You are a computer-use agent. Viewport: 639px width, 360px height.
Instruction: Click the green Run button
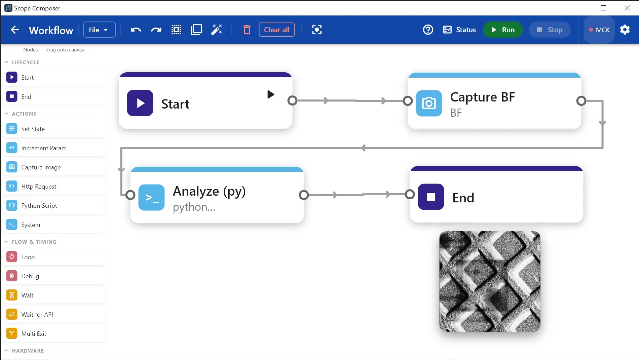503,30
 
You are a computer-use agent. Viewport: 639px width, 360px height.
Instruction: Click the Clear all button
277,30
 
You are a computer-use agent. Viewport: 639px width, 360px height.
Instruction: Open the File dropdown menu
99,30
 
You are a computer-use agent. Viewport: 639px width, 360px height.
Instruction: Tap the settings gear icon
625,30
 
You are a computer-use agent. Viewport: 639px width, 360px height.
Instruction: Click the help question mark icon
428,30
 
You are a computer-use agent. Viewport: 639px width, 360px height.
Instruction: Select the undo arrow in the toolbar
136,30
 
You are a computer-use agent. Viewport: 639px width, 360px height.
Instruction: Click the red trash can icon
247,30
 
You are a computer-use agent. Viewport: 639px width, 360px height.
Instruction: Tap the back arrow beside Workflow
15,30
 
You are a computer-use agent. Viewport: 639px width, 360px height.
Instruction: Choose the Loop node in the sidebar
54,257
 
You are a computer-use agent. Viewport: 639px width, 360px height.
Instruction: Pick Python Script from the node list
54,205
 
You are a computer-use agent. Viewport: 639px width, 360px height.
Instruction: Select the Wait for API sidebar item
54,314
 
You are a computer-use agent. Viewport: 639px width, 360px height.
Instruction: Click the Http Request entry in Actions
54,186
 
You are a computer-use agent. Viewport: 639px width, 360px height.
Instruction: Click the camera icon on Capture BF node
429,103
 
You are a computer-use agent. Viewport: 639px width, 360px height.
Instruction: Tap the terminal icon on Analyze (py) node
151,197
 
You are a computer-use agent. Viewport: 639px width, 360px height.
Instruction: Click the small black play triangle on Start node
271,94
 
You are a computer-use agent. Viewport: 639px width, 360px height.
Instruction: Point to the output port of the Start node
293,101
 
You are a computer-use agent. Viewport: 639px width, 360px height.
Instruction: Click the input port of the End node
410,194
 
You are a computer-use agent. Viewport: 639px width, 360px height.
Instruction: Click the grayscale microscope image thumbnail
490,281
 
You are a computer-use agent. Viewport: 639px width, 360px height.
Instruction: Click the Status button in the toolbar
459,30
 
